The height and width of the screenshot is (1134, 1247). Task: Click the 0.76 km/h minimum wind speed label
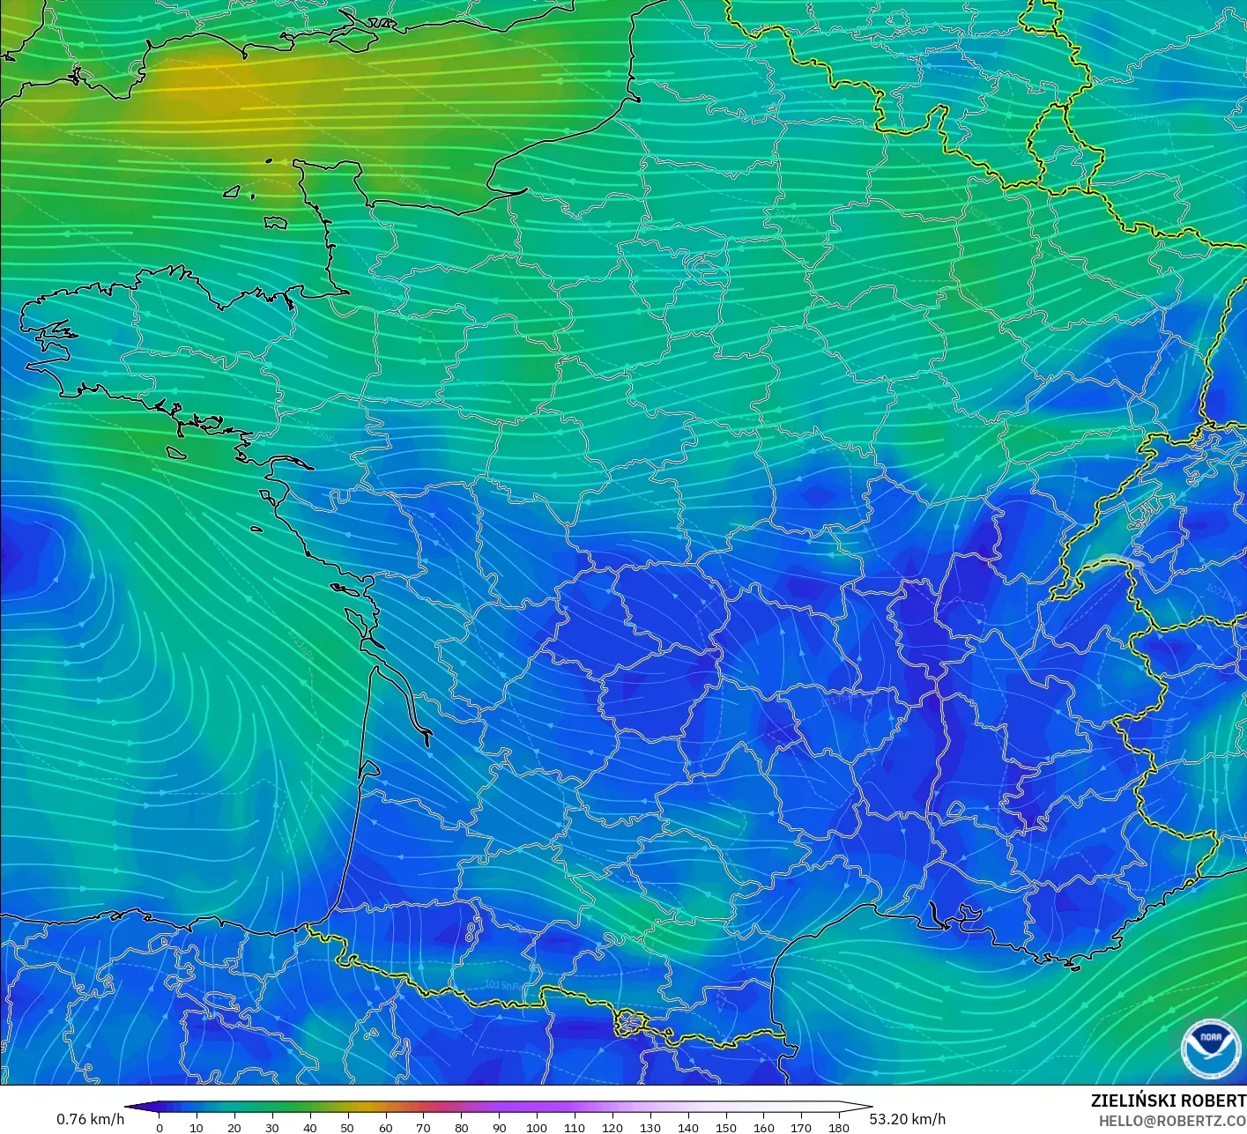pyautogui.click(x=91, y=1119)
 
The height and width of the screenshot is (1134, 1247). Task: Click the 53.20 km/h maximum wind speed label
pyautogui.click(x=908, y=1119)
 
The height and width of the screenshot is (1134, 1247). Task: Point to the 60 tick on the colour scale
pyautogui.click(x=385, y=1127)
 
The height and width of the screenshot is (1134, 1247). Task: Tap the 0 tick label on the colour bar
pyautogui.click(x=159, y=1128)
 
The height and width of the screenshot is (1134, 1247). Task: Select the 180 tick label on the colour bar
pyautogui.click(x=839, y=1128)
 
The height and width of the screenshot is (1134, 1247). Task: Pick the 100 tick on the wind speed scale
pyautogui.click(x=537, y=1127)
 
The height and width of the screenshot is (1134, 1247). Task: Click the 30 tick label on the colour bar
pyautogui.click(x=272, y=1128)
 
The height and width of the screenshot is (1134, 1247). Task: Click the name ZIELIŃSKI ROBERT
pyautogui.click(x=1168, y=1101)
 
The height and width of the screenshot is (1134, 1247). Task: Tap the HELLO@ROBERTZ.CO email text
pyautogui.click(x=1172, y=1119)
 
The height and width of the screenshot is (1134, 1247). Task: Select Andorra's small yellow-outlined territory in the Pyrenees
pyautogui.click(x=632, y=1022)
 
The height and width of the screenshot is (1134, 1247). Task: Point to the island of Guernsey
pyautogui.click(x=233, y=191)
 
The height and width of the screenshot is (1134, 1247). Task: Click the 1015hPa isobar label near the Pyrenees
pyautogui.click(x=501, y=984)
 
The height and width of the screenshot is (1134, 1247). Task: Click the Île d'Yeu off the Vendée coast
pyautogui.click(x=256, y=530)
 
